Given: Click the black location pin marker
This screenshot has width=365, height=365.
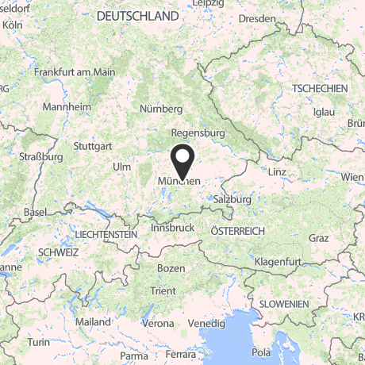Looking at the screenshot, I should [182, 163].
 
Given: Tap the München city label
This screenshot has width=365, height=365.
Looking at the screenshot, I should [182, 182].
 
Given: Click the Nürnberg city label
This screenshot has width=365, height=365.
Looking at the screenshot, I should [161, 109].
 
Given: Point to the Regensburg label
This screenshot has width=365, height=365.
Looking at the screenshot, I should [198, 133].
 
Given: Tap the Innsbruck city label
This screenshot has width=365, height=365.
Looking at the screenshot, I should [172, 228].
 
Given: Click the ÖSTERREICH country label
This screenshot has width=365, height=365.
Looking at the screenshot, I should [237, 230].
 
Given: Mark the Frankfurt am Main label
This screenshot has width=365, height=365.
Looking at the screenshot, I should [75, 71].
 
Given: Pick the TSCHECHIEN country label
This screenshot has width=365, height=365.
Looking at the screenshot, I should [319, 88].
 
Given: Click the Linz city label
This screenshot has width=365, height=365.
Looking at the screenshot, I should [278, 172].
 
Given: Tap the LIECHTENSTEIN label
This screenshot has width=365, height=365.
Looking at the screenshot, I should [105, 236].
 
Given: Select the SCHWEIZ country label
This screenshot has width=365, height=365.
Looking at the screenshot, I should [57, 252].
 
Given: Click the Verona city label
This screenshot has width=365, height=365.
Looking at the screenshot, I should [159, 323].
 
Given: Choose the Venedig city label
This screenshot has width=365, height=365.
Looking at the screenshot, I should [206, 323].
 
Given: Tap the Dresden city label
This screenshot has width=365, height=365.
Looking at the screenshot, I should [260, 18].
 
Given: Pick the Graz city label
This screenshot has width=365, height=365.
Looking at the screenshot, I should [319, 238].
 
